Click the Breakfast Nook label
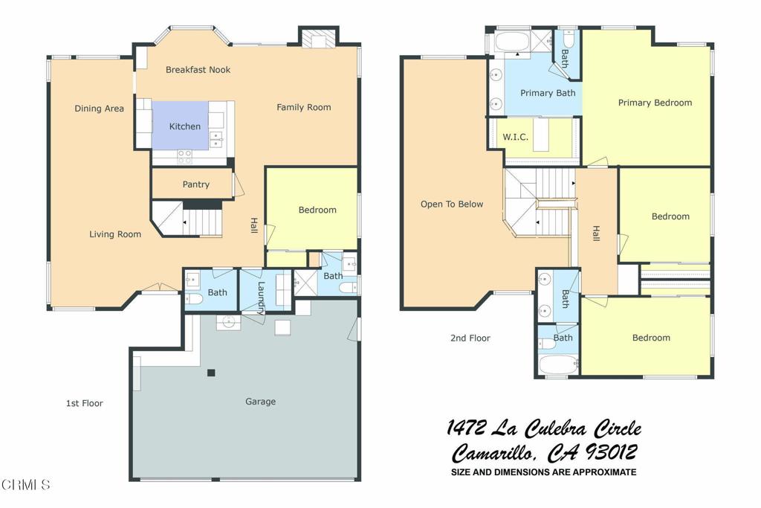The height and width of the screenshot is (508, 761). (x=198, y=69)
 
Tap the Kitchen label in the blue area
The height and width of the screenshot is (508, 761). (x=184, y=126)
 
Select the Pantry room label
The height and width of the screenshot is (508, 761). (x=196, y=184)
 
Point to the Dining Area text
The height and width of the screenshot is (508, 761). (x=99, y=109)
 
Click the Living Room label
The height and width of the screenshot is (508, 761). (x=115, y=234)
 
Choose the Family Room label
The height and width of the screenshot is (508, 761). (x=304, y=107)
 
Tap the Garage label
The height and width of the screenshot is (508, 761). (x=261, y=401)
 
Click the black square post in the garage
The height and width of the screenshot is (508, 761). (x=211, y=373)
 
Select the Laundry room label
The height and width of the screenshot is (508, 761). (x=261, y=298)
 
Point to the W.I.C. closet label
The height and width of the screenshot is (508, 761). (x=515, y=137)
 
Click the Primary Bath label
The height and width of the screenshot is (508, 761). (x=548, y=93)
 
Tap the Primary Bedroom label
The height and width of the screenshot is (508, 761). (x=655, y=103)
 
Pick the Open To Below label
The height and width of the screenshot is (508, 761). (x=452, y=204)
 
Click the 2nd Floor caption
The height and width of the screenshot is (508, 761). (x=470, y=338)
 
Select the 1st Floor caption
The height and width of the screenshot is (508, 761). (x=85, y=403)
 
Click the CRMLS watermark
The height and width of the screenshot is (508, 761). (x=26, y=484)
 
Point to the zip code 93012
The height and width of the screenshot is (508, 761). (x=611, y=453)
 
